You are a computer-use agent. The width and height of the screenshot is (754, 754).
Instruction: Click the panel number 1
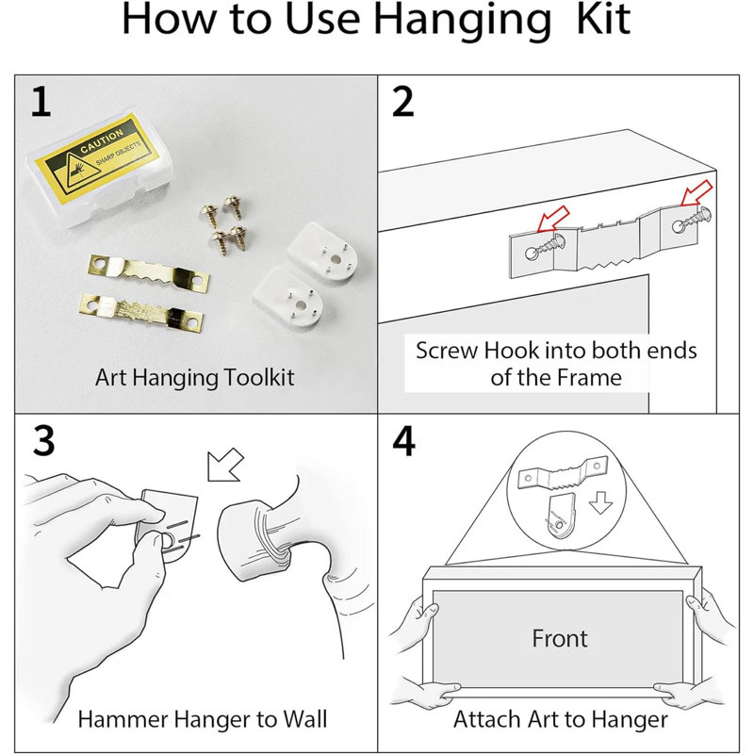click(x=41, y=102)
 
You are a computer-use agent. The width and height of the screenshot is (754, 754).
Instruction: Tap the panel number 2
click(x=403, y=102)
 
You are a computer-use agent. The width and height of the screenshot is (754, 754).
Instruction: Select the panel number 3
click(x=43, y=440)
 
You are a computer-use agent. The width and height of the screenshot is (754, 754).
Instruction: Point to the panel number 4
click(x=404, y=440)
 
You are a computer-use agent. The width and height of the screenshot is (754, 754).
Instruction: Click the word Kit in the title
click(x=603, y=19)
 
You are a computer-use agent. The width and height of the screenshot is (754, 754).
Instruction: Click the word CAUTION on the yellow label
click(x=102, y=140)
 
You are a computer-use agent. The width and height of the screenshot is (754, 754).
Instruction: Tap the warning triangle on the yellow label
click(x=72, y=172)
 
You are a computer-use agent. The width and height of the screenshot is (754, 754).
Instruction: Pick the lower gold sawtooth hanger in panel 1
click(x=140, y=312)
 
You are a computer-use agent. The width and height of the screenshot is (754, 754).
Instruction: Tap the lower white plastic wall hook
click(x=289, y=297)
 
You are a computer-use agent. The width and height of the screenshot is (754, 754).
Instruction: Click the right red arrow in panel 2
click(x=697, y=192)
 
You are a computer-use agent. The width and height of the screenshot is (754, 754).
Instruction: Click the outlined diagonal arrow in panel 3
click(x=224, y=464)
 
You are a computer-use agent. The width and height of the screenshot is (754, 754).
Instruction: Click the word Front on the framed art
click(x=560, y=638)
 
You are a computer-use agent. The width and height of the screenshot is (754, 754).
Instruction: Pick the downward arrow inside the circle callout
click(x=600, y=503)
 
